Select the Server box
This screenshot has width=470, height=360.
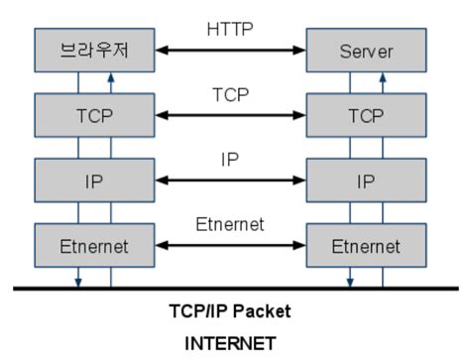(x=366, y=49)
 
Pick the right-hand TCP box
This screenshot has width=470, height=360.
(x=366, y=114)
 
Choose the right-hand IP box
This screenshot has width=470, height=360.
(x=366, y=180)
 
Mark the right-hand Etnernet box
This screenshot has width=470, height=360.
(x=366, y=245)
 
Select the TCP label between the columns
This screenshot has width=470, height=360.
(x=229, y=96)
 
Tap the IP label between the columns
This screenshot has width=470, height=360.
(x=229, y=160)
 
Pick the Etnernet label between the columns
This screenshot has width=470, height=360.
(x=229, y=225)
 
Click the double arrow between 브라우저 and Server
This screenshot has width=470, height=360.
(x=229, y=50)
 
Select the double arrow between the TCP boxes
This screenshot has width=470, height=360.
(x=229, y=115)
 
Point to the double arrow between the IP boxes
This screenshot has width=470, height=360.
(x=229, y=180)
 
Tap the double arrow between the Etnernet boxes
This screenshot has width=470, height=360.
(x=229, y=246)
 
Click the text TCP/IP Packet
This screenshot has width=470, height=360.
(x=229, y=311)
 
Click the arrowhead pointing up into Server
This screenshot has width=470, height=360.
(x=383, y=74)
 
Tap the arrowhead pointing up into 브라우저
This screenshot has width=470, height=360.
(x=111, y=74)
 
